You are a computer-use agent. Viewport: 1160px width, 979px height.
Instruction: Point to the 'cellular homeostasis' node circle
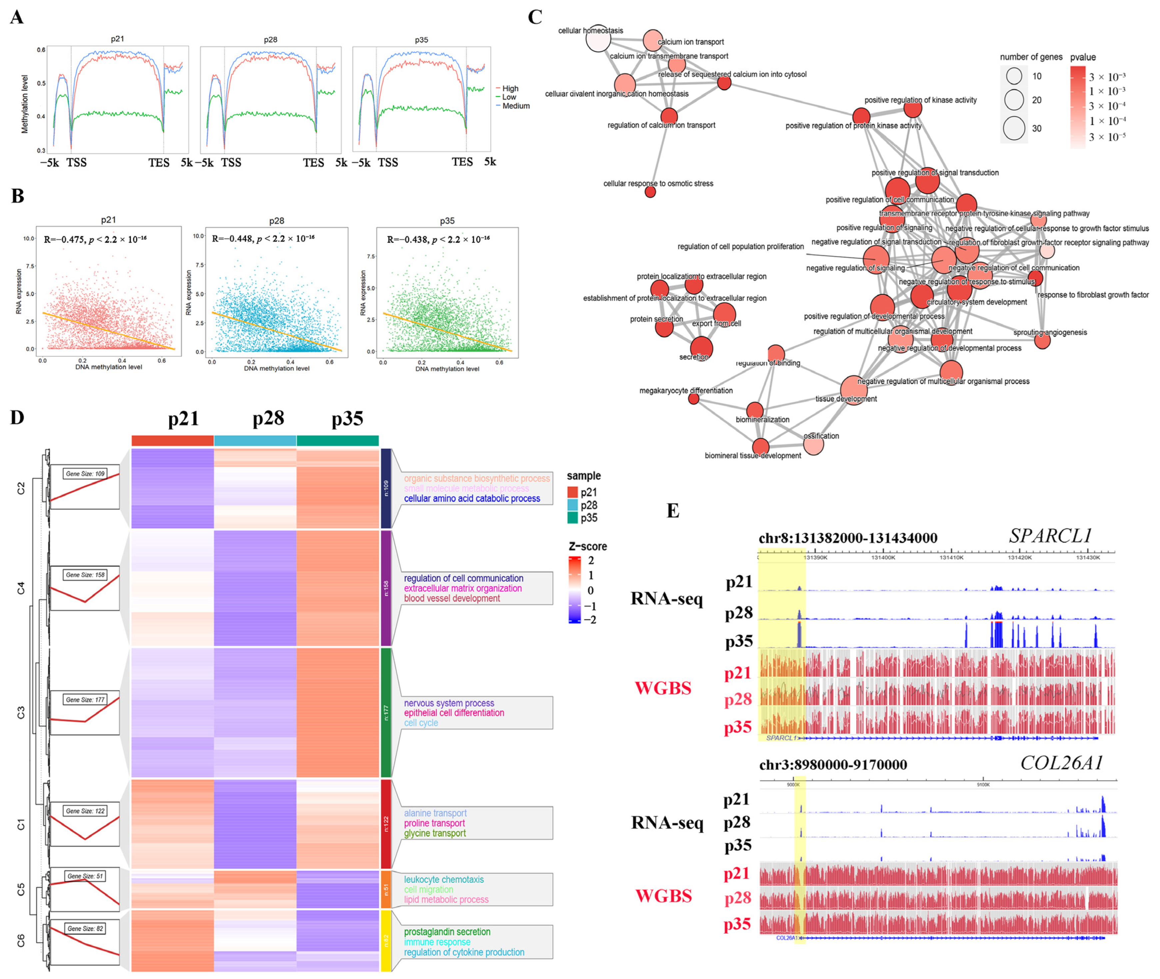598,38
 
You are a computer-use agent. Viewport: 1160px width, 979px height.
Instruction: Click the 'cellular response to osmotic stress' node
650,192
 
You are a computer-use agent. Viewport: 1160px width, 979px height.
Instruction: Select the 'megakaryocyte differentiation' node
694,398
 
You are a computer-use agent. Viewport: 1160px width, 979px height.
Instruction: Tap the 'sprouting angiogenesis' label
1050,333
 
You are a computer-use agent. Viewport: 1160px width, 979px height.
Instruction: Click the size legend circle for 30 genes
1013,128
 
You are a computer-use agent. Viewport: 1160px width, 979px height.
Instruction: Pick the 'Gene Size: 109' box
85,474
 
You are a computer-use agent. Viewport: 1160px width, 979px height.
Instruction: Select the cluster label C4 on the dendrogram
21,588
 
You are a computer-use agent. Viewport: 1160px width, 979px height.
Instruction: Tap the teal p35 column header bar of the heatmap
337,441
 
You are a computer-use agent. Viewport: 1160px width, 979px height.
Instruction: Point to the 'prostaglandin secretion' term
447,932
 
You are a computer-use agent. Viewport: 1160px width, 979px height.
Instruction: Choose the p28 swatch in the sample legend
573,505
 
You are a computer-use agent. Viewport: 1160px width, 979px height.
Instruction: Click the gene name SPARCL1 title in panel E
1050,536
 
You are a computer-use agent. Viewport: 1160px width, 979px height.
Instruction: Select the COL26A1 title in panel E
1061,763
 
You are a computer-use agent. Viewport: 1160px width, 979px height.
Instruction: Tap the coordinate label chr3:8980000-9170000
833,765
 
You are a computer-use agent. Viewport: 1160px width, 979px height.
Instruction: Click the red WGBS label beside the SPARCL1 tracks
663,688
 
